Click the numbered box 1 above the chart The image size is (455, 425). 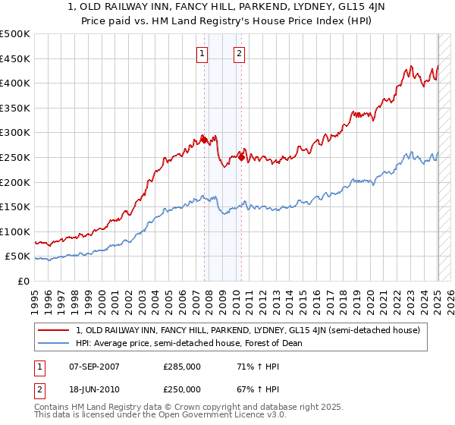(x=203, y=53)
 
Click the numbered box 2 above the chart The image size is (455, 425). (x=239, y=53)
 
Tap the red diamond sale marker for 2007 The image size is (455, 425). (x=204, y=140)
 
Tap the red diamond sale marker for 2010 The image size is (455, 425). (x=241, y=157)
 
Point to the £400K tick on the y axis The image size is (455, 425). (x=15, y=83)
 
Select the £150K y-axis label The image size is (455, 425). (x=15, y=206)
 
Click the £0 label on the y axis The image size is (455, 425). (x=22, y=281)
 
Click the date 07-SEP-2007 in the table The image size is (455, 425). (x=94, y=367)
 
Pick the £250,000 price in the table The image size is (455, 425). (x=182, y=389)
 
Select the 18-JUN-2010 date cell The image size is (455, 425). (x=94, y=389)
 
